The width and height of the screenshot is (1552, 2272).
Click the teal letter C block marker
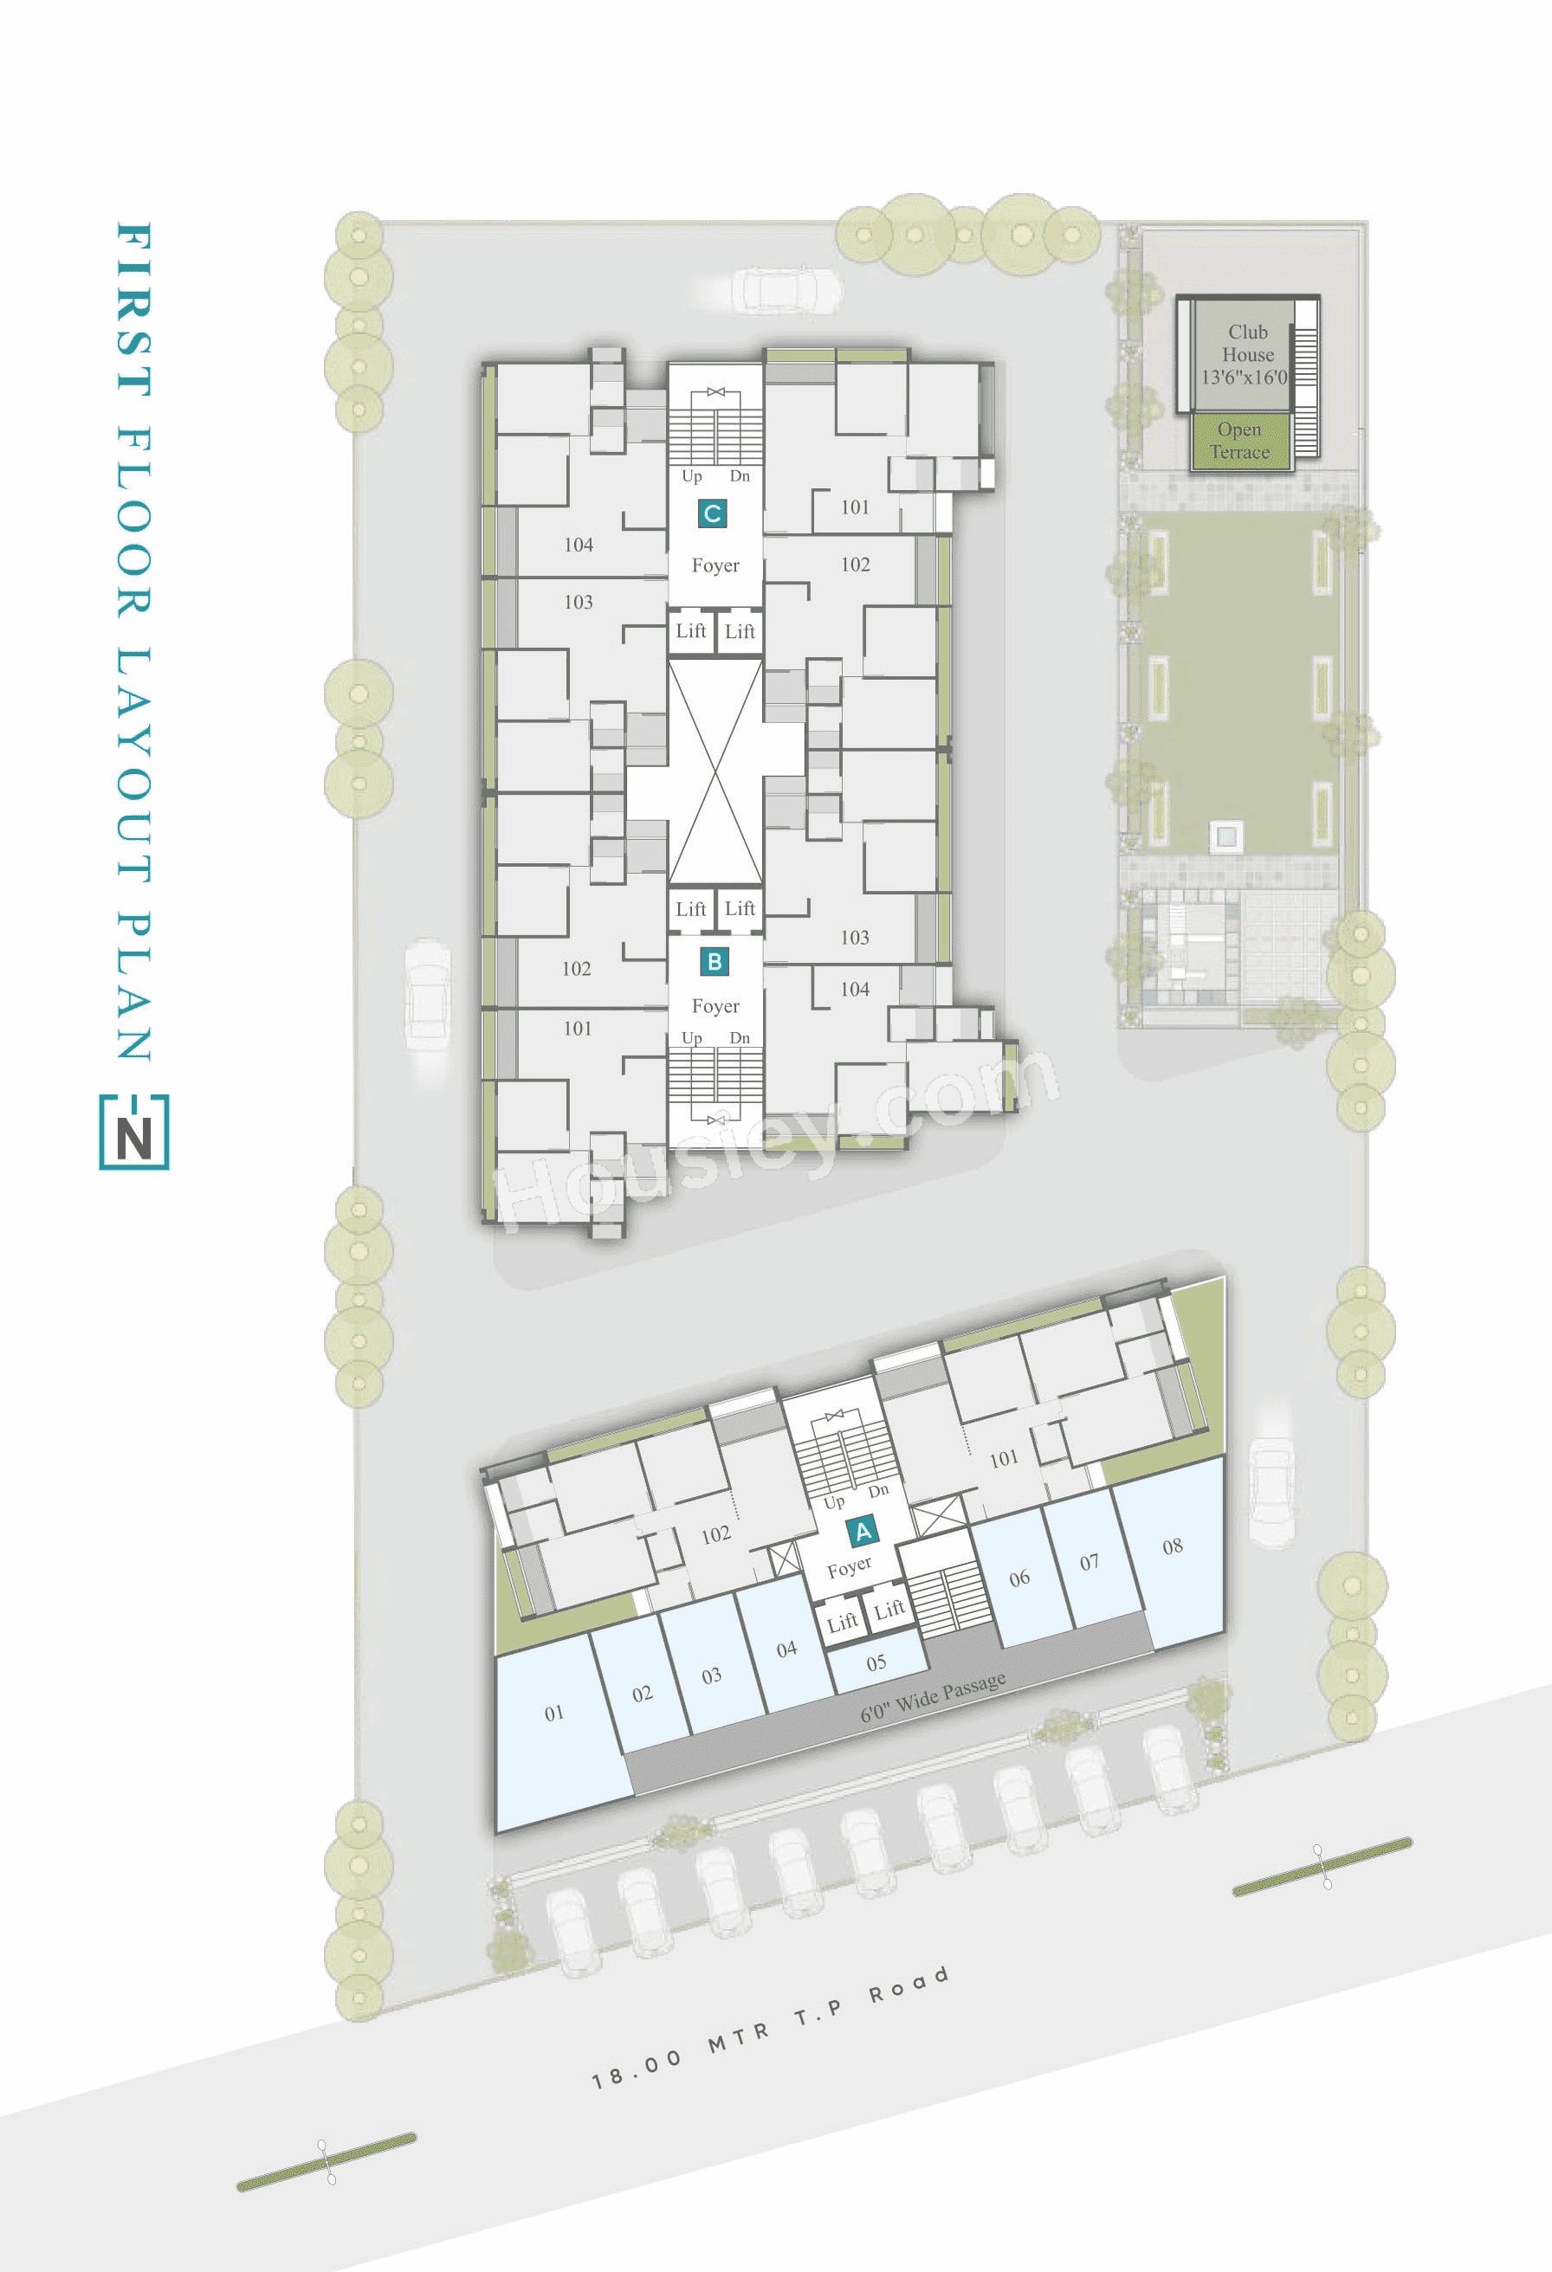point(712,513)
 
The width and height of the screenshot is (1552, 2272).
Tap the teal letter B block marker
point(715,961)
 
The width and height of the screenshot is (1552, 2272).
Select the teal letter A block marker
point(863,1531)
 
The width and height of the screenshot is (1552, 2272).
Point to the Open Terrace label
point(1239,441)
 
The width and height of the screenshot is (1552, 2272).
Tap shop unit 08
point(1172,1546)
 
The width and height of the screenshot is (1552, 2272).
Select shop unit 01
point(554,1713)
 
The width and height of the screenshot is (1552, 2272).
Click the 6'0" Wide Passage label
point(933,1697)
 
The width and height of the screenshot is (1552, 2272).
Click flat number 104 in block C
point(578,545)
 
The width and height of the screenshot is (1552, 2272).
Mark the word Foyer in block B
point(715,1006)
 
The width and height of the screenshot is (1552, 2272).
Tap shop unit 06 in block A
point(1019,1578)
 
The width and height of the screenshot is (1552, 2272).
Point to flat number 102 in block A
point(716,1535)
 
